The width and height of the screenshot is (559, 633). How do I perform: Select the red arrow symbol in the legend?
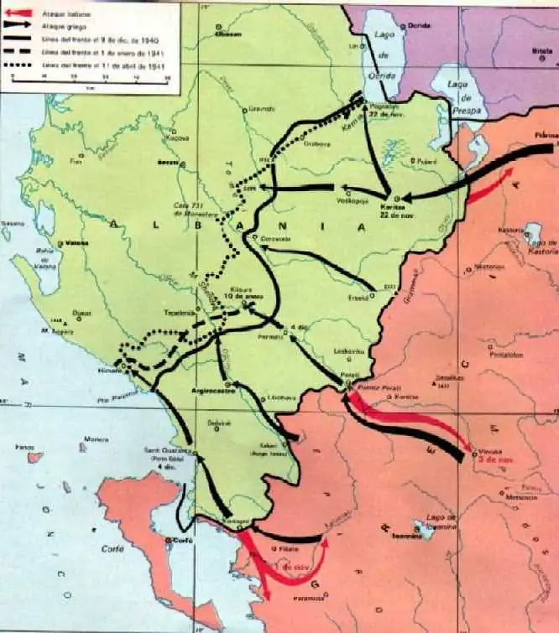click(x=21, y=13)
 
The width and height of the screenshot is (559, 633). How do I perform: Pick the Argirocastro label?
click(x=213, y=392)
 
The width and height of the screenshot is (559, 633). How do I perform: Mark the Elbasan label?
click(x=227, y=34)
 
